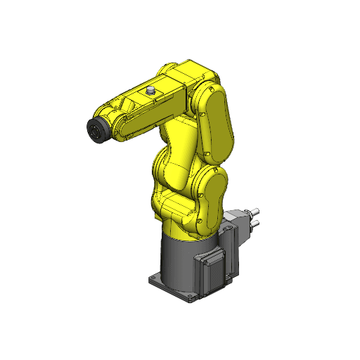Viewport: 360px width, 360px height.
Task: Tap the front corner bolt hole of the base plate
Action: (191, 299)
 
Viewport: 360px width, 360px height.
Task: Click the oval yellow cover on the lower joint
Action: (210, 201)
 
